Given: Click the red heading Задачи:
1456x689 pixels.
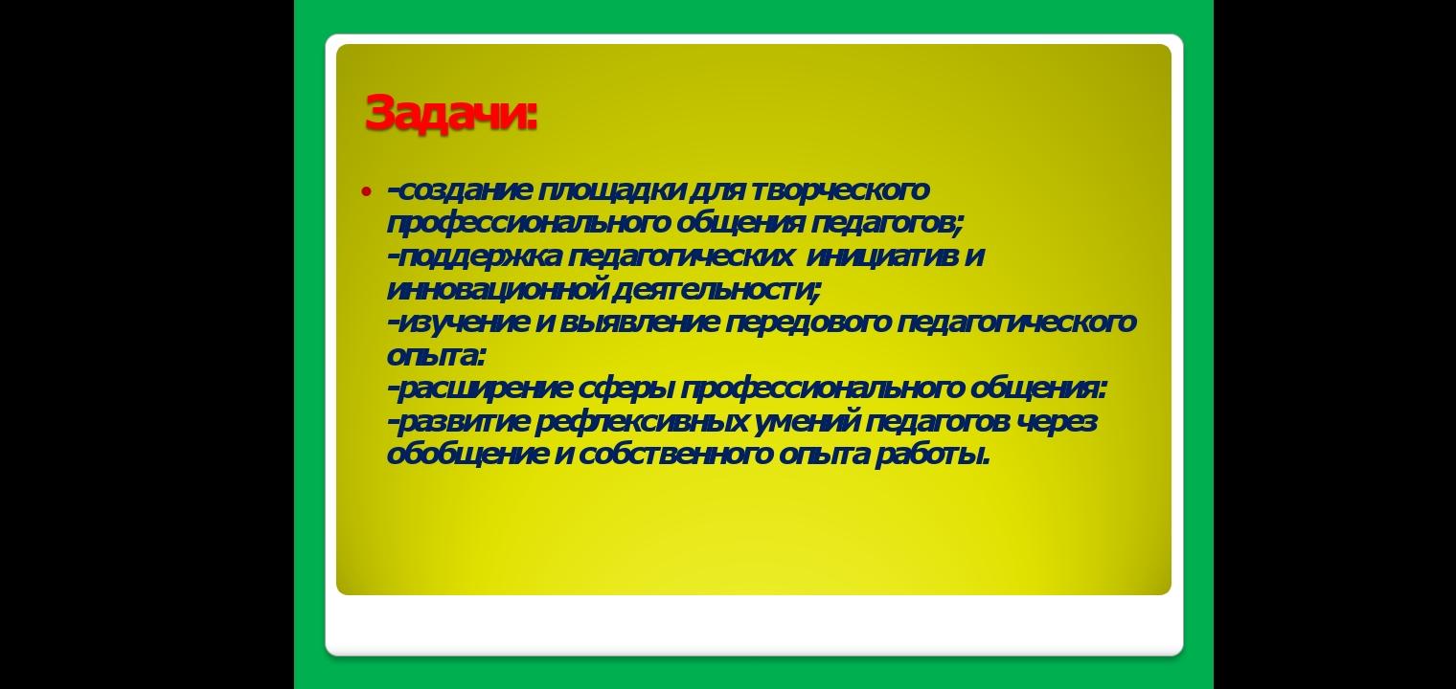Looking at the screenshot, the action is tap(451, 113).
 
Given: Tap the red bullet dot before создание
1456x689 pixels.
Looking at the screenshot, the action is tap(367, 191).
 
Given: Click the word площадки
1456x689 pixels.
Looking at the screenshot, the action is tap(612, 190).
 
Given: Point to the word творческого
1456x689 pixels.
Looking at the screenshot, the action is tap(840, 190).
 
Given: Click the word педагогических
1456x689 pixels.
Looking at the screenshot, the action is tap(680, 257).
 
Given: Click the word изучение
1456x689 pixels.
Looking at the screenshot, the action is tap(463, 322).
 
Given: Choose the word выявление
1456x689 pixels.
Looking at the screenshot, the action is tap(639, 322).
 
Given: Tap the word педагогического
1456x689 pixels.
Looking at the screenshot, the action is tap(1016, 322).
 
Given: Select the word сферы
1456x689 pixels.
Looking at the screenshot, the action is tap(626, 389).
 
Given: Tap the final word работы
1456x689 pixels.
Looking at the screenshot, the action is tap(932, 455).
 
